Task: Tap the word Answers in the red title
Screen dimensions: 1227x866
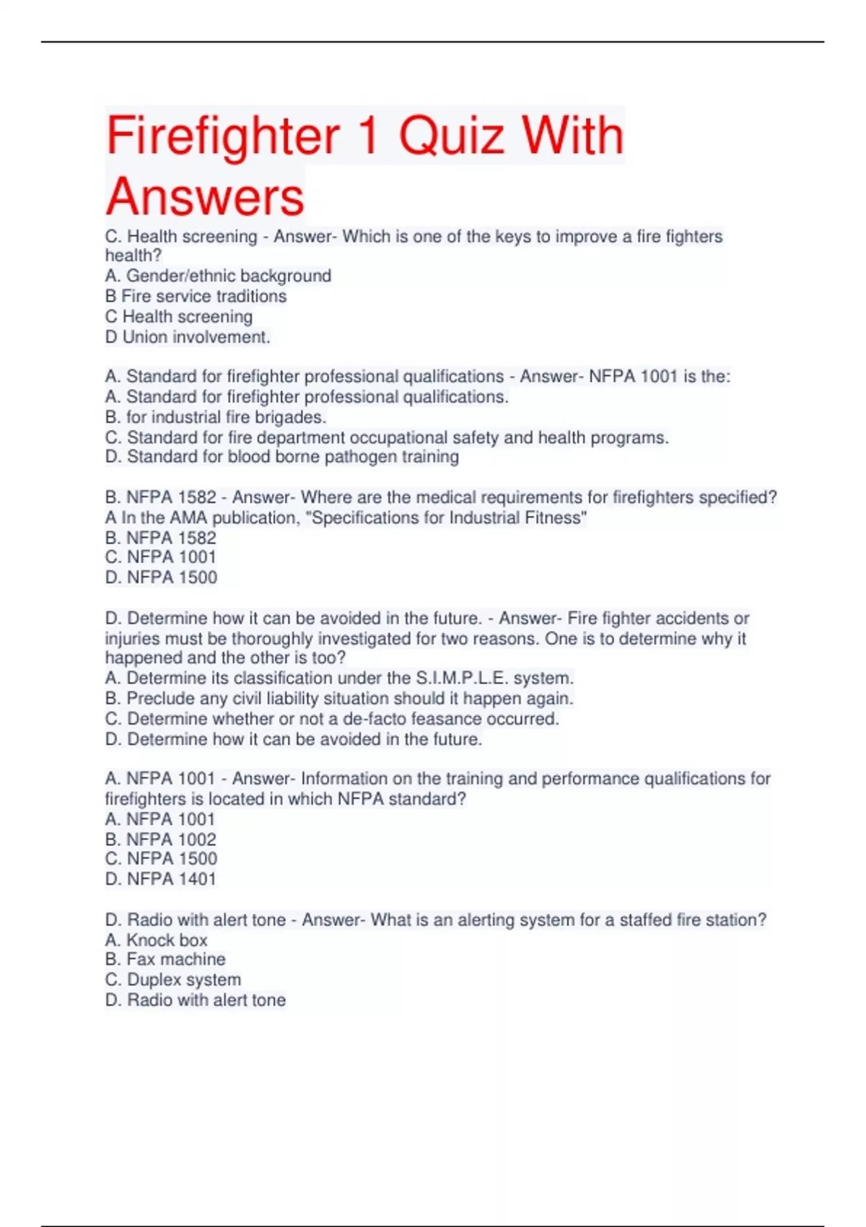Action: (205, 197)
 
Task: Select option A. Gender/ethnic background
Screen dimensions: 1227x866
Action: (218, 276)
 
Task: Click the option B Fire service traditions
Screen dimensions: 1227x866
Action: (196, 296)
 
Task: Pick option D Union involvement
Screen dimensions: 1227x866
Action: (188, 337)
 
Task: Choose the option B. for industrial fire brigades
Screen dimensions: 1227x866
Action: (216, 417)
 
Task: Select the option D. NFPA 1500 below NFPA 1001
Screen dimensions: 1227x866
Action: (161, 577)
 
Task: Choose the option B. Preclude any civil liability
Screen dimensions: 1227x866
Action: (339, 699)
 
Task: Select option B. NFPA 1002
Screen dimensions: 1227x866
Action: (160, 839)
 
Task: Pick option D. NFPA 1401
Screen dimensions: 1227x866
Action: (160, 879)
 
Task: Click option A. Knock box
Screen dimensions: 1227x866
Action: (156, 940)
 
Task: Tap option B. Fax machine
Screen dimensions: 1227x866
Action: (165, 959)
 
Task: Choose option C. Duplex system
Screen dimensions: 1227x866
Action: (173, 979)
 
